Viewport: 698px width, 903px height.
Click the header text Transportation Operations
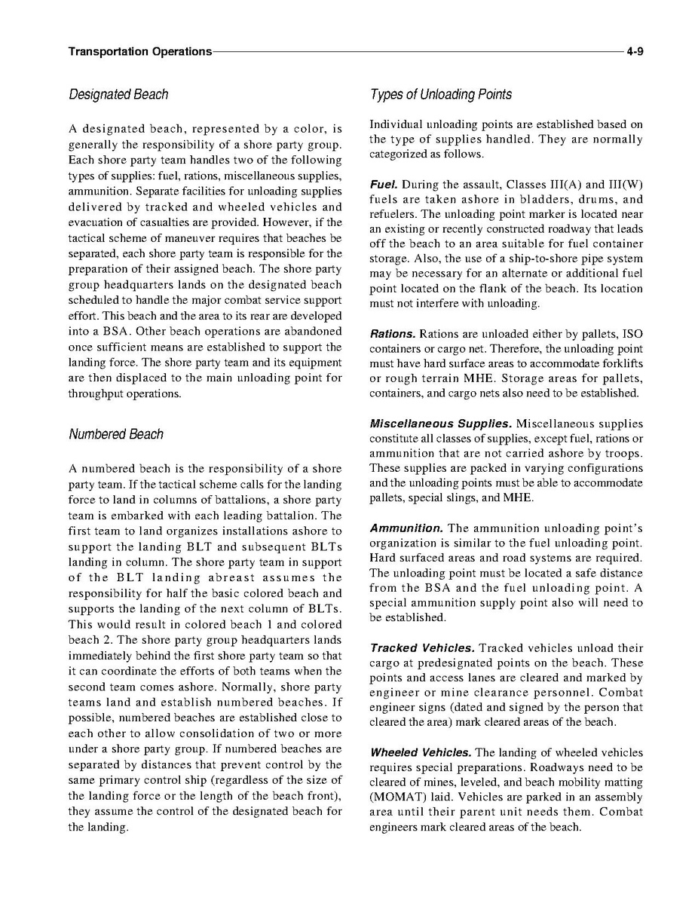pos(139,51)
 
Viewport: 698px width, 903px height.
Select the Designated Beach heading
pos(118,94)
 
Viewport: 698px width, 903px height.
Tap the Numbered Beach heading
pos(116,434)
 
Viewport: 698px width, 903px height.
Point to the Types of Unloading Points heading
pos(441,94)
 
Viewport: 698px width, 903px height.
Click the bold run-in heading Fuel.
pos(384,185)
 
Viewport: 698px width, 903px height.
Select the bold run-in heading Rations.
pos(392,334)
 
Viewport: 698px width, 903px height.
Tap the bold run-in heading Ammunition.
pos(406,528)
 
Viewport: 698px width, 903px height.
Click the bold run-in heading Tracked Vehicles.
pos(422,648)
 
